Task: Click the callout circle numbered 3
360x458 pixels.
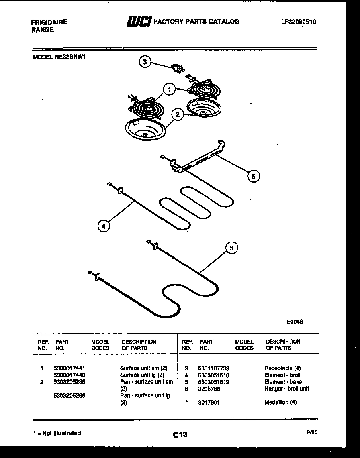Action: [145, 62]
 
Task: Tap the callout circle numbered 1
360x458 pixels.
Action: [170, 90]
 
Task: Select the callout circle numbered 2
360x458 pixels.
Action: [177, 115]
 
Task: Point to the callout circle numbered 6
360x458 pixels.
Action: [253, 176]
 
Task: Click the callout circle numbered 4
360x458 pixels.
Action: [104, 226]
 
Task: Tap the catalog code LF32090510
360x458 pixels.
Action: [298, 22]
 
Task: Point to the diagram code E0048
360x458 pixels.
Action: [295, 322]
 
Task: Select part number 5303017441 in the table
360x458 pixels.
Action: [69, 368]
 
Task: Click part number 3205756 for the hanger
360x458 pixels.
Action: [209, 389]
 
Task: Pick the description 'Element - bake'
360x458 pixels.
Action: [283, 382]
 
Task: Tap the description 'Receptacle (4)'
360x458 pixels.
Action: [282, 368]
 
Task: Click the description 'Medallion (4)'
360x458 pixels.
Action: [280, 402]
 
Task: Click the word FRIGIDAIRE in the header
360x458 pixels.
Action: [49, 22]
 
